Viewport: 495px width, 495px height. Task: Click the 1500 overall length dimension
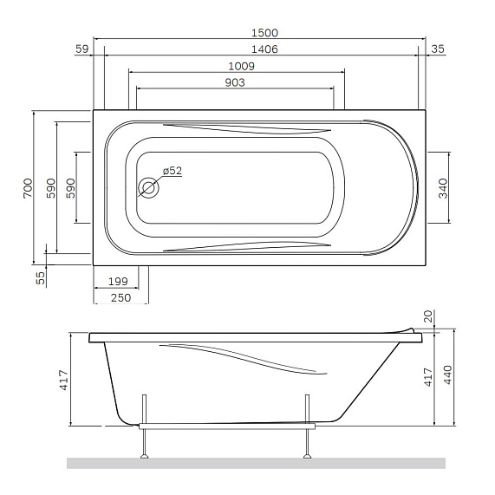(264, 33)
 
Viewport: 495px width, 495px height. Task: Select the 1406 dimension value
(264, 49)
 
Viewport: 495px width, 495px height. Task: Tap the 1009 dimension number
(241, 66)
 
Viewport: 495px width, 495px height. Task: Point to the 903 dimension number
(235, 82)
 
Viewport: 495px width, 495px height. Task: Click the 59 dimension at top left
(82, 49)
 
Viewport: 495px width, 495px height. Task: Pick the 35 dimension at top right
(438, 49)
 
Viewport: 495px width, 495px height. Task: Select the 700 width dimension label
(28, 188)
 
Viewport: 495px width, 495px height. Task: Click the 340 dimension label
(443, 188)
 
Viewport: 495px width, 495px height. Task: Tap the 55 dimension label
(41, 278)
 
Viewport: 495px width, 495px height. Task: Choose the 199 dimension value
(118, 281)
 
